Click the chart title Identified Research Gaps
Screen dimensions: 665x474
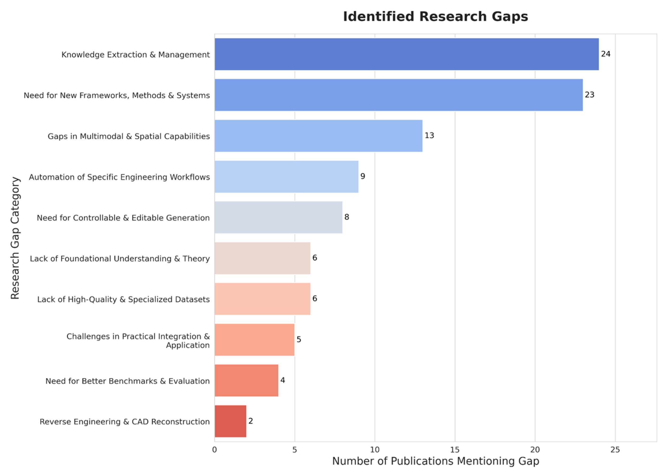point(435,17)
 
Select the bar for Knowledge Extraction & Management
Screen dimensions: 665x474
point(407,54)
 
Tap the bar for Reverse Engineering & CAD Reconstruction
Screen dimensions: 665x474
point(230,421)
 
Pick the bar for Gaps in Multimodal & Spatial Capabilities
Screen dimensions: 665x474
point(318,136)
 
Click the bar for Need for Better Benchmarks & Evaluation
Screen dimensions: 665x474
point(246,380)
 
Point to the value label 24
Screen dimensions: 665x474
point(605,54)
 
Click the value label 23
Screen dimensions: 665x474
point(589,95)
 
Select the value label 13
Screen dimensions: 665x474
point(429,136)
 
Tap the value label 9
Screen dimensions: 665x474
point(363,176)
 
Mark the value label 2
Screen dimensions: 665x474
point(250,421)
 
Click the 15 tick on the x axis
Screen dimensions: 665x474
point(455,450)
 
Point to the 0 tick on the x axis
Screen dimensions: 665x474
point(215,450)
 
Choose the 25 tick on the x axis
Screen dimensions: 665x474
point(615,450)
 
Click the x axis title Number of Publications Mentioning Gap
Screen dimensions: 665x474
point(435,461)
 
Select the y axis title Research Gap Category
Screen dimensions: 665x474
point(15,238)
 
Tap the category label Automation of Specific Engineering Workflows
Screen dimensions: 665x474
point(119,177)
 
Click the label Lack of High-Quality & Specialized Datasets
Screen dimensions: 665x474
point(123,300)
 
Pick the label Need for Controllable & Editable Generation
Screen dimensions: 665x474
point(123,218)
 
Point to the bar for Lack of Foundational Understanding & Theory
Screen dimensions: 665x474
point(262,258)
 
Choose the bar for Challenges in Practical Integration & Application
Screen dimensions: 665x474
point(254,340)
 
